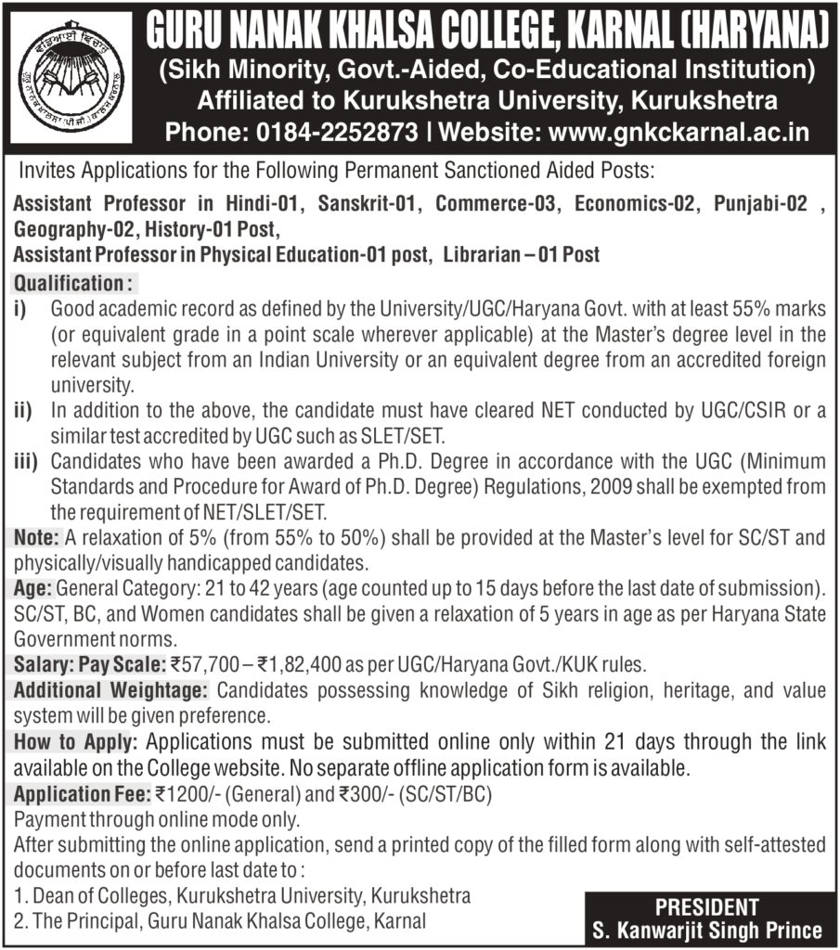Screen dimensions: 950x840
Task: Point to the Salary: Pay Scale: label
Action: click(89, 663)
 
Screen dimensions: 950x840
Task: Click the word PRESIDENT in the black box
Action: click(707, 906)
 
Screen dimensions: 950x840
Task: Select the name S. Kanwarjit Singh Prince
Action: click(707, 931)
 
